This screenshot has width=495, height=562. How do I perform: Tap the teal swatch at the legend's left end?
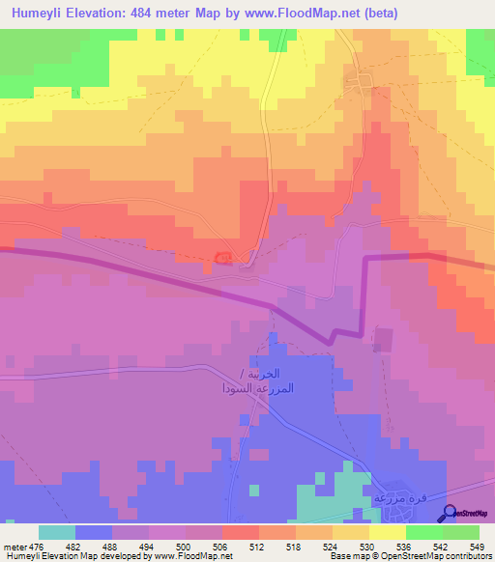tap(57, 532)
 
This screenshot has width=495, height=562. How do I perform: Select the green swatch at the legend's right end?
tap(460, 532)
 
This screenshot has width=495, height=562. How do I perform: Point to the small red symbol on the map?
tap(223, 258)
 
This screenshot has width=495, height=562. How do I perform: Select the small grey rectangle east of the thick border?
tap(384, 340)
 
